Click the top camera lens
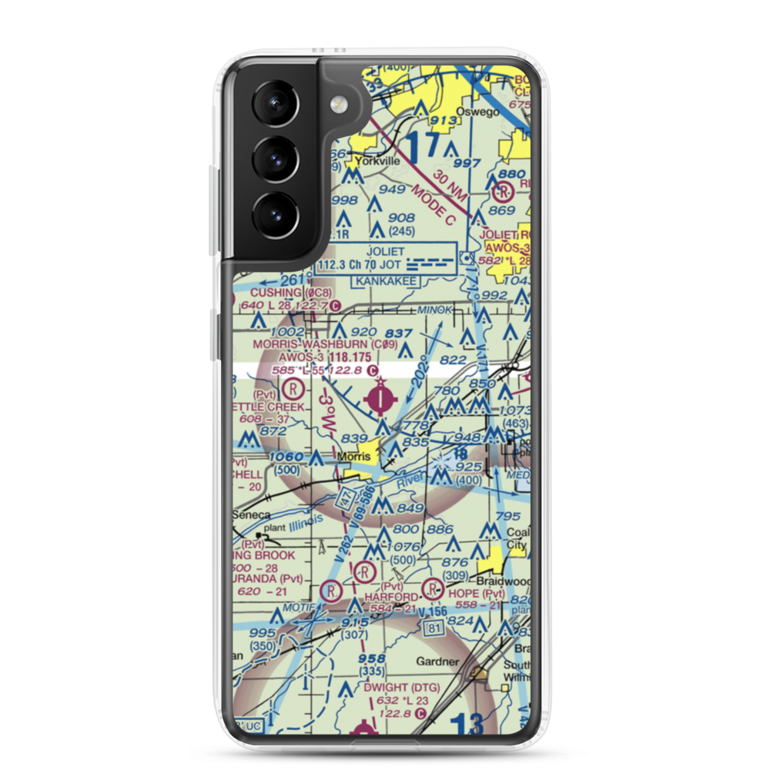tap(272, 103)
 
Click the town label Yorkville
tap(376, 162)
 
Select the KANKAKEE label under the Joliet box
tap(386, 282)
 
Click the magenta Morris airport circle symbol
tap(381, 398)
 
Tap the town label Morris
tap(354, 457)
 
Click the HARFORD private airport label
tap(397, 597)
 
